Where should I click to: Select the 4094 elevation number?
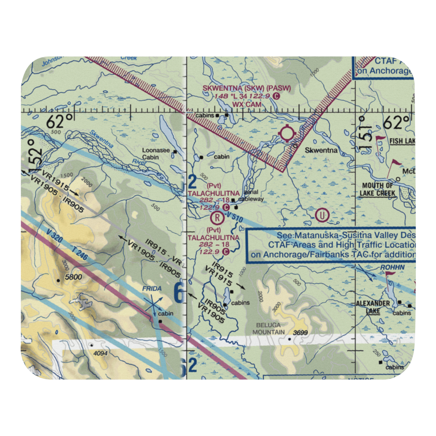[x=100, y=353]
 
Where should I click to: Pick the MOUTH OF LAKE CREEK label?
[x=378, y=190]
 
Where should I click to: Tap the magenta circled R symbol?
[x=216, y=217]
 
